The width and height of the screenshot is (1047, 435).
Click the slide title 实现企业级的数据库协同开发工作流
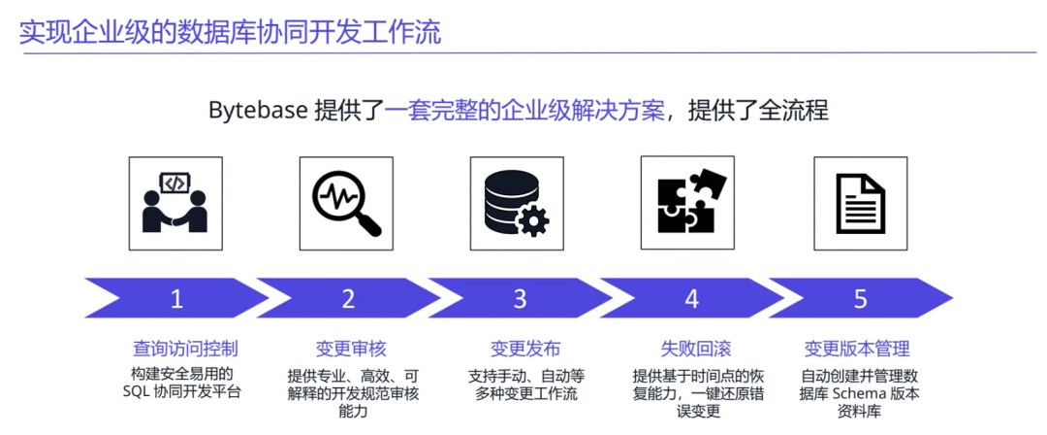click(x=230, y=33)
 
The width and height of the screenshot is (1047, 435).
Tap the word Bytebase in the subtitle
click(x=257, y=110)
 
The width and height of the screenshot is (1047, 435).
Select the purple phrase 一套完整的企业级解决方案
click(x=525, y=110)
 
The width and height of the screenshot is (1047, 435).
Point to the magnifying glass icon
click(x=347, y=197)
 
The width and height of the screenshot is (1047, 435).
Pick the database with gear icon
click(x=518, y=197)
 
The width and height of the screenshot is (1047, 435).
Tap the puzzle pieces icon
click(x=687, y=197)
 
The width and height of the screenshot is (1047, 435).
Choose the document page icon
click(x=860, y=197)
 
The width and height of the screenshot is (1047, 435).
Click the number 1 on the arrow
click(x=176, y=299)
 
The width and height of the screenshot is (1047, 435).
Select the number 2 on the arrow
click(x=348, y=299)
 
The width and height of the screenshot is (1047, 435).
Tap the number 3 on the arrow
click(x=520, y=299)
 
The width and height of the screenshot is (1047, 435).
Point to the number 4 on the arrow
click(x=691, y=299)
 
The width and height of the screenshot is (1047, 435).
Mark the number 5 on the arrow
click(x=860, y=299)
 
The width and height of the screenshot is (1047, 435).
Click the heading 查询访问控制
click(x=185, y=349)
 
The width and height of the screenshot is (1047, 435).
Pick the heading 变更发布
click(x=524, y=349)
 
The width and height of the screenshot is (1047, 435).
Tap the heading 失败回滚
click(x=695, y=349)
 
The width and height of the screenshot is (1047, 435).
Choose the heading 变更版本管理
click(x=857, y=349)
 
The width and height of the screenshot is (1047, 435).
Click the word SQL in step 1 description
click(x=139, y=392)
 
